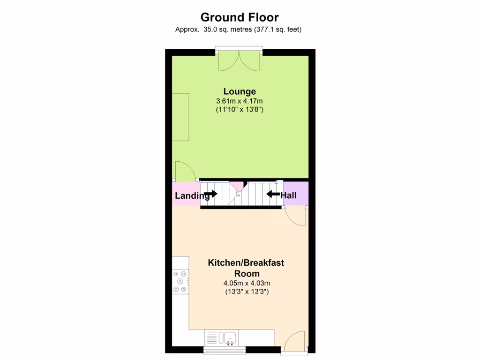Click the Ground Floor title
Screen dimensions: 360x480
[x=240, y=17]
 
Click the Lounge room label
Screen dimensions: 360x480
[x=240, y=91]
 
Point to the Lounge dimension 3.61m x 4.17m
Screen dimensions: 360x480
[x=240, y=101]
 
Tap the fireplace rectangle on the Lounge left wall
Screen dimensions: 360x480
[x=180, y=117]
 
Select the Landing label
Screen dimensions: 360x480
[x=192, y=195]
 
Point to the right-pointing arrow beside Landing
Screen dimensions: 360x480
[x=210, y=193]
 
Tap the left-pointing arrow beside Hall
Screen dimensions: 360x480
[x=273, y=193]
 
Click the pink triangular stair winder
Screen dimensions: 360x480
[x=238, y=186]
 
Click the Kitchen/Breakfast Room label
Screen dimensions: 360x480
[x=246, y=268]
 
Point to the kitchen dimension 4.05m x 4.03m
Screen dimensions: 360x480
[x=247, y=283]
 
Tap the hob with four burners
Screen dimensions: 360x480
[x=180, y=281]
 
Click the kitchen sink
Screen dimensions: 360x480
[x=229, y=337]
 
